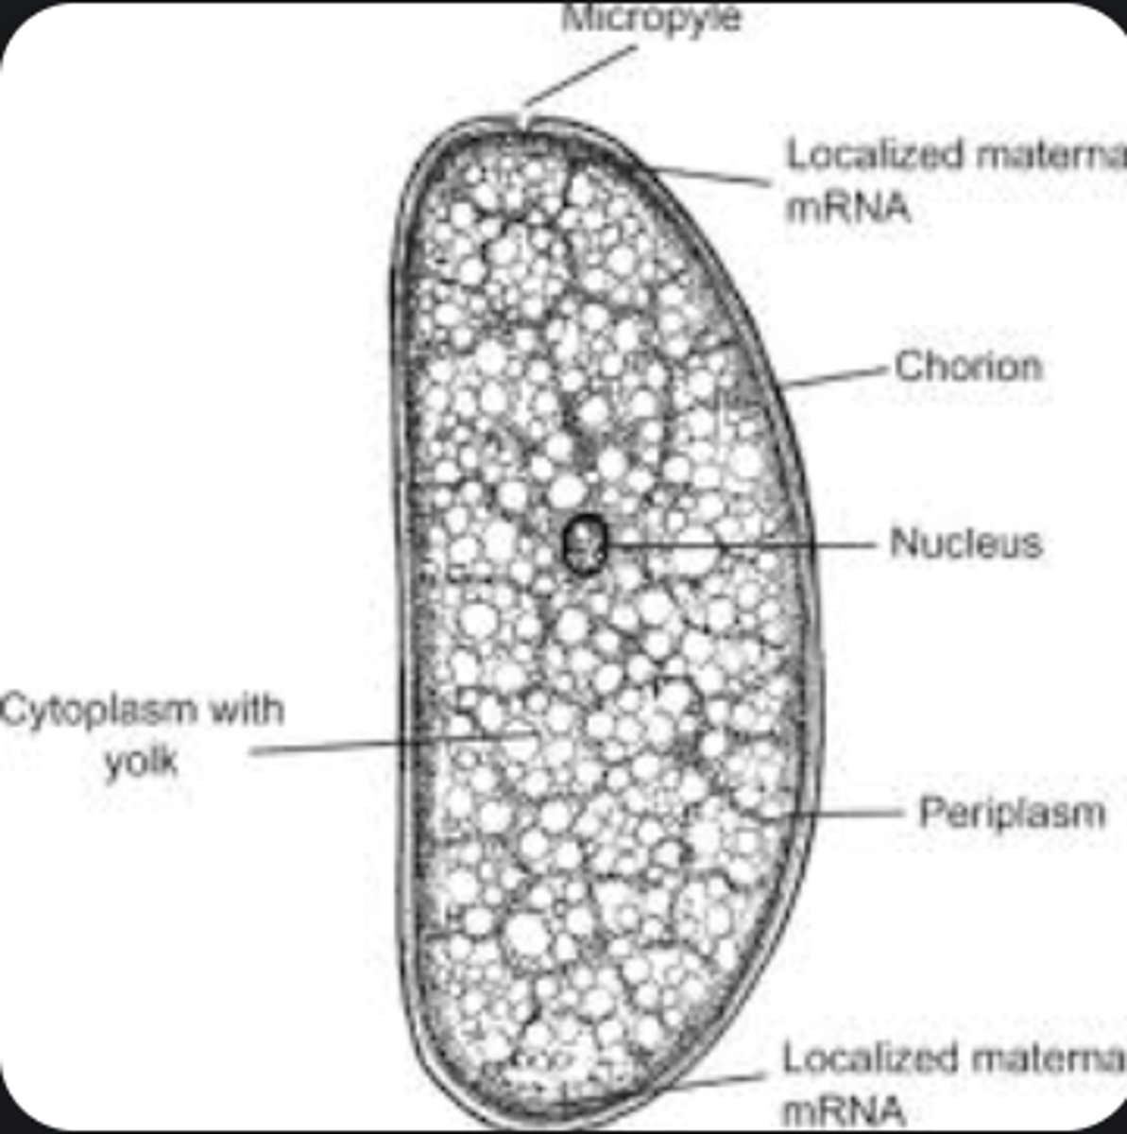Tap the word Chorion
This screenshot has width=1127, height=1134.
pyautogui.click(x=968, y=367)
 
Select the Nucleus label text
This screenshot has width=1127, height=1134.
pyautogui.click(x=965, y=543)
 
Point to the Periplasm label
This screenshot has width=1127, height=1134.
pyautogui.click(x=1012, y=813)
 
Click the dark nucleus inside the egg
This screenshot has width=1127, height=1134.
pyautogui.click(x=584, y=543)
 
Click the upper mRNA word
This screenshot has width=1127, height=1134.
pyautogui.click(x=847, y=207)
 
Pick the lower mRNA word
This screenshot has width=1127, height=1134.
pyautogui.click(x=844, y=1110)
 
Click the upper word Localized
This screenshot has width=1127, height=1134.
pyautogui.click(x=875, y=155)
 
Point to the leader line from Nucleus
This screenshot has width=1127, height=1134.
pyautogui.click(x=746, y=545)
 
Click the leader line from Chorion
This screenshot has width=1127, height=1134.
pyautogui.click(x=836, y=376)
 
